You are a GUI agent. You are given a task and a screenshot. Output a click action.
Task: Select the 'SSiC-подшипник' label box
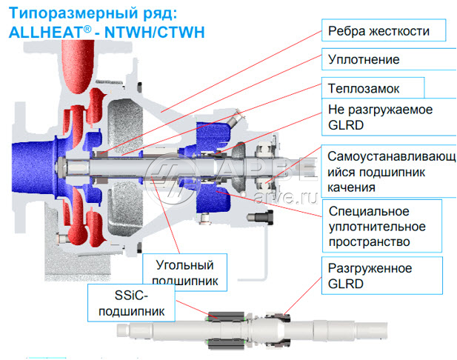point(133,303)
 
